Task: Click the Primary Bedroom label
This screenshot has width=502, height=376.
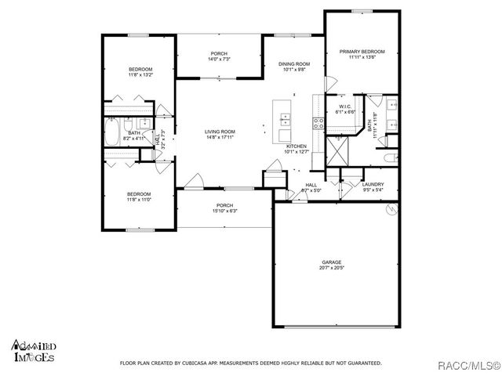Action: click(362, 52)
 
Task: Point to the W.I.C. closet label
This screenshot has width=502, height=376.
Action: click(345, 107)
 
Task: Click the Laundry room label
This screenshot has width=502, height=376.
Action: click(373, 185)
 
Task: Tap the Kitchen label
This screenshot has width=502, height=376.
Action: click(296, 146)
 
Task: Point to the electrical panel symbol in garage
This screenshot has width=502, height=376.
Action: click(390, 209)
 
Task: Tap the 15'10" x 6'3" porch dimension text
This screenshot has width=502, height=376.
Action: click(224, 211)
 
